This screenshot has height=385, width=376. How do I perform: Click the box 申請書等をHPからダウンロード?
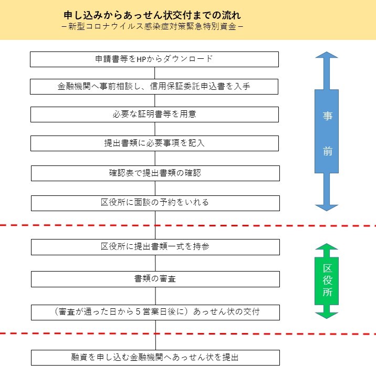point(154,59)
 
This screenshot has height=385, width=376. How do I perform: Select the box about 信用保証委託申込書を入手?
point(154,87)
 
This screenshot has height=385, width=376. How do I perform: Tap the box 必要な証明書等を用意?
point(154,114)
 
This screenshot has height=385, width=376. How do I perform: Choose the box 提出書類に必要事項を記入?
point(154,143)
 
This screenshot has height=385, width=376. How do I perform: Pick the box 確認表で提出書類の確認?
point(155,173)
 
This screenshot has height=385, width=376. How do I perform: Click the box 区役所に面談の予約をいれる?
point(155,203)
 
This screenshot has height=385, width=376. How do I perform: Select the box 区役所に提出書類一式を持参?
point(155,247)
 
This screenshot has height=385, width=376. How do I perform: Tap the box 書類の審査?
point(155,279)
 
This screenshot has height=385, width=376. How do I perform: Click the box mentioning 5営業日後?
point(155,313)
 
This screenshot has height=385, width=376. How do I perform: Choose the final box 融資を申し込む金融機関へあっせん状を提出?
point(155,358)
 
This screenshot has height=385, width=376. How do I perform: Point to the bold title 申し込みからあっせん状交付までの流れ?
point(152,15)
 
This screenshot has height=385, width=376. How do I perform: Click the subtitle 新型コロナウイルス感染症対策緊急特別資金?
point(152,26)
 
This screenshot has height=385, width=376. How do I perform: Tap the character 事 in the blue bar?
point(327,116)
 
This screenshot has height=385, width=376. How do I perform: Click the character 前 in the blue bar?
point(327,151)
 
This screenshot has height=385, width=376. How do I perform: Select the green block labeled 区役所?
point(327,281)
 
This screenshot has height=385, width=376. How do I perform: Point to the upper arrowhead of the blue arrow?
point(327,55)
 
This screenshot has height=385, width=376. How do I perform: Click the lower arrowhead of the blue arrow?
point(327,207)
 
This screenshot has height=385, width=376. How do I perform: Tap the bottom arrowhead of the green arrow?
point(327,316)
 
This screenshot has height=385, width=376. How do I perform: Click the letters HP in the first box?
point(141,59)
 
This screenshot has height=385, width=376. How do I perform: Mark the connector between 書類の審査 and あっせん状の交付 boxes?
point(155,296)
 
